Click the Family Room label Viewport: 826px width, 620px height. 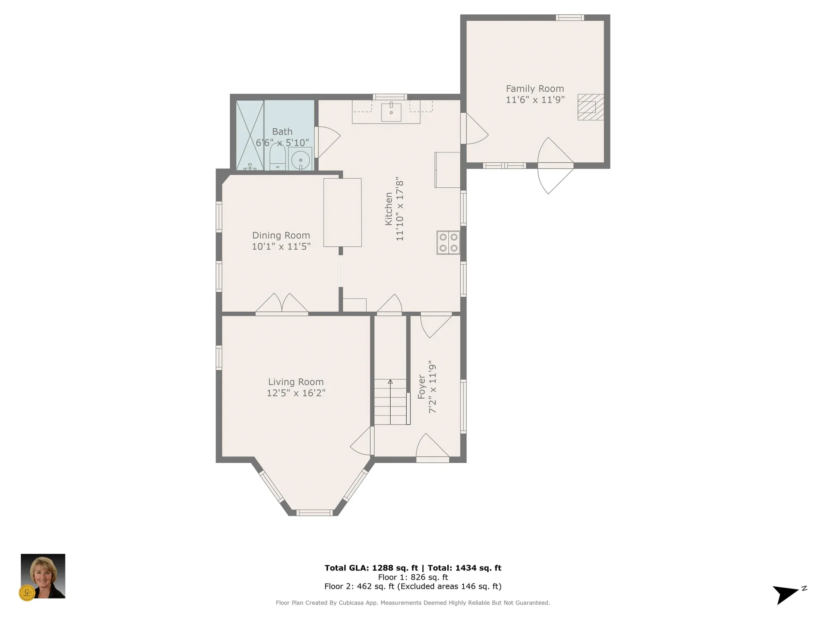tap(535, 89)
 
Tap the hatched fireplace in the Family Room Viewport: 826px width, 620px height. tap(590, 107)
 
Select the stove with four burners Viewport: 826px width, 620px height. tap(448, 242)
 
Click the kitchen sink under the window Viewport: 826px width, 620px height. tap(391, 112)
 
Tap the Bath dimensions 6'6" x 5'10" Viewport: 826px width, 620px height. tap(282, 143)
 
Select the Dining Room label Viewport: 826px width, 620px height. tap(281, 236)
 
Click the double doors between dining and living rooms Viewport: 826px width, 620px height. tap(282, 305)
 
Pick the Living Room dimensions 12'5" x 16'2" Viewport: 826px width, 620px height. tap(296, 393)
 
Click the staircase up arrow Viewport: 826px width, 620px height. tap(390, 382)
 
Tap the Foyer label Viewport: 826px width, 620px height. tap(422, 387)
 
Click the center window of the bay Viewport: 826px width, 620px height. tap(314, 512)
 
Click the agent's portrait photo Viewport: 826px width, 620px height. tap(43, 576)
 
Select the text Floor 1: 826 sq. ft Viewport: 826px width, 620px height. tap(413, 577)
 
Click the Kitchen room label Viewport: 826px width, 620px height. tap(388, 209)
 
